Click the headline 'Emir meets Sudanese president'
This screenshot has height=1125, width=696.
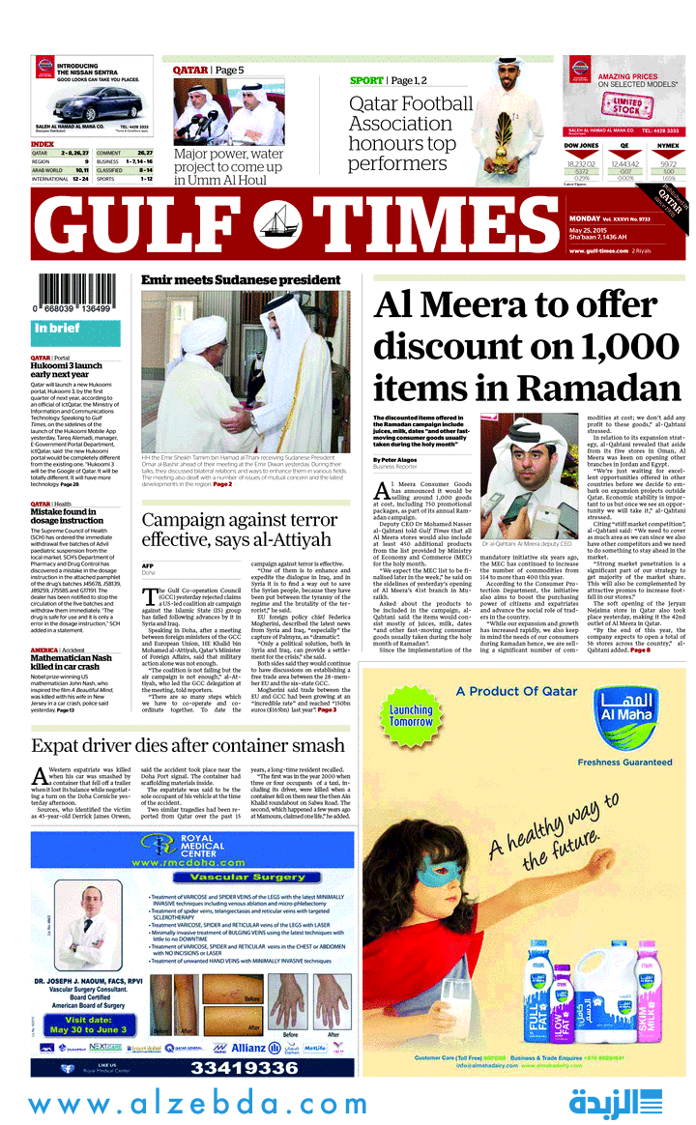[241, 280]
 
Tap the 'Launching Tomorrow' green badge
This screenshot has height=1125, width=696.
[411, 716]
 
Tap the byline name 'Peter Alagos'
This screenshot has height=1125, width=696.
[397, 459]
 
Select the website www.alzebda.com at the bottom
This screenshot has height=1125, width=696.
[198, 1104]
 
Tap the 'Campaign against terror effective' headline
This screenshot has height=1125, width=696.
[241, 530]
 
